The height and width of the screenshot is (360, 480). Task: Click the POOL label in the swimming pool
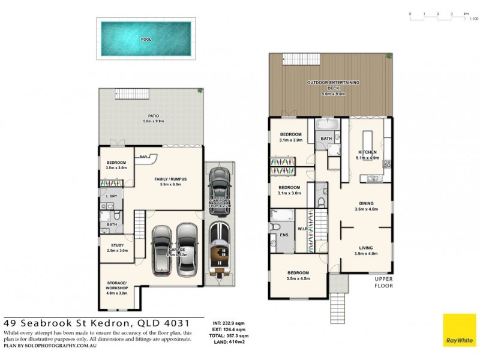tap(146, 40)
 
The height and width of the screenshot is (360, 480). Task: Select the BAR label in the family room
tap(144, 157)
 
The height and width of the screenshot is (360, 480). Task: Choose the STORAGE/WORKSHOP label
tap(117, 286)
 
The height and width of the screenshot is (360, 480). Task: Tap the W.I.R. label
tap(302, 227)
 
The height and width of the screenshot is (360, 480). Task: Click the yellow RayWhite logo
tap(459, 330)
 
